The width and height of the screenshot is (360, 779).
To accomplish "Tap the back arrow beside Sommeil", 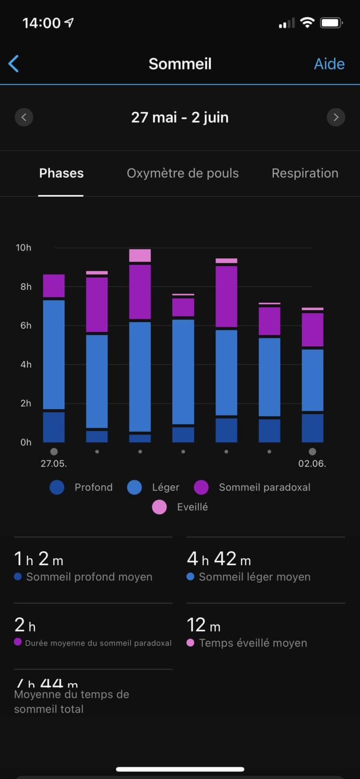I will pos(14,64).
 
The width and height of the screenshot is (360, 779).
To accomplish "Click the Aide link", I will pos(329,64).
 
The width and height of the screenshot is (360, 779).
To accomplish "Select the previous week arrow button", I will pos(24,117).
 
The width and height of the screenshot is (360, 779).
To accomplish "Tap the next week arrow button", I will pos(336,117).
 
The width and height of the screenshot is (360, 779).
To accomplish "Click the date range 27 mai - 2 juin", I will pos(180,117).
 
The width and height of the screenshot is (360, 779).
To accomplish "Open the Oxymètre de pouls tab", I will pos(183,173).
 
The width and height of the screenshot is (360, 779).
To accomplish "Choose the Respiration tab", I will pos(305,173).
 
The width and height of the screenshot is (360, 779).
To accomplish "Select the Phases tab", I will pos(61,173).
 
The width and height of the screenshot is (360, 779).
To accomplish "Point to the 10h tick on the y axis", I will pos(23,248).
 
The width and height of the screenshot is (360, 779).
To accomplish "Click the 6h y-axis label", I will pos(25,326).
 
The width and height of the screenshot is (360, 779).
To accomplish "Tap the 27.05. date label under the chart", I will pos(54,463).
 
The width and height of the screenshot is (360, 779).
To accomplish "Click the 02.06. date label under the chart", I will pos(312,463).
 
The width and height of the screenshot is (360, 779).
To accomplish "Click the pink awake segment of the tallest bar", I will pos(140,256).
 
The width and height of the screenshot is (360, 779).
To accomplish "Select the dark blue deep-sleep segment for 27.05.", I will pos(54,427).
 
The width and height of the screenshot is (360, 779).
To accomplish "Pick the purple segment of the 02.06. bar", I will pos(312,330).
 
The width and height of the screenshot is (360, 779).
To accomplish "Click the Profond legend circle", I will pos(57,487).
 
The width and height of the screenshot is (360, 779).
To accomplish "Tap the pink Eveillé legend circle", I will pos(159,507).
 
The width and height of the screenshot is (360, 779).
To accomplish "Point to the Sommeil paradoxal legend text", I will pos(264,487).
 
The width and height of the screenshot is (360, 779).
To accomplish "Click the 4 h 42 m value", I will pos(219,559).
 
